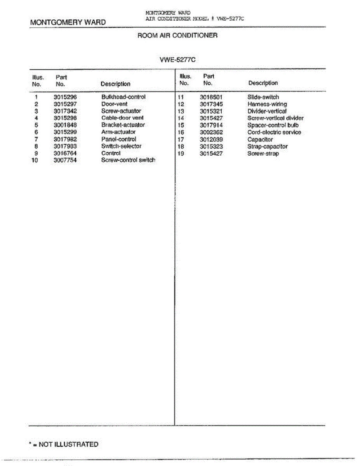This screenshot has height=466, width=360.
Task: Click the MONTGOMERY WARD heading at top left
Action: pos(68,22)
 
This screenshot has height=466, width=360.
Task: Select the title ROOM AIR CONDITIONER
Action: pos(177,35)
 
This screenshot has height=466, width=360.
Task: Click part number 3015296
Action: pos(65,97)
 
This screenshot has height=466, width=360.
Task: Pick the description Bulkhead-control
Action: pos(123,97)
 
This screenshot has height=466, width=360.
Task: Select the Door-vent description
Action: pos(114,104)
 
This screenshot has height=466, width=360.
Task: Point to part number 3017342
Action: pos(65,111)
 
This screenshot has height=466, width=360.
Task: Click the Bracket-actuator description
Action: pos(123,125)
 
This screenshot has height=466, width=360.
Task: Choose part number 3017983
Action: pos(65,146)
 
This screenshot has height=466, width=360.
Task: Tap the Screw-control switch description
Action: pos(128,160)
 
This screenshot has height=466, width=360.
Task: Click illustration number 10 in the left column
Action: pos(35,160)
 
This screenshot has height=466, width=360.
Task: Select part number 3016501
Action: pos(211,97)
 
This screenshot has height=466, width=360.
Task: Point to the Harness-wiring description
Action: pos(267,104)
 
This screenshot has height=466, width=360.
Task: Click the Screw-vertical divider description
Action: pos(275,118)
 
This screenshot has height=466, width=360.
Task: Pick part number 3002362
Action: pos(211,132)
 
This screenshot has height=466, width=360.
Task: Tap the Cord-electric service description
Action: pos(274,132)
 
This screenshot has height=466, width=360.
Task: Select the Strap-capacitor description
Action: pos(268,146)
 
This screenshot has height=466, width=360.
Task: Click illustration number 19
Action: pos(181,153)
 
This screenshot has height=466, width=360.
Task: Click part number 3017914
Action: pos(211,125)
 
